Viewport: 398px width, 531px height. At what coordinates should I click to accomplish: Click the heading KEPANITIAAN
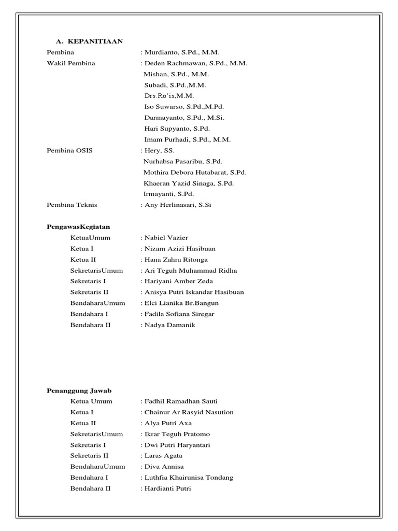point(94,41)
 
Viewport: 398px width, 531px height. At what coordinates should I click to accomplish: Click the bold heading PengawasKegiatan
point(78,227)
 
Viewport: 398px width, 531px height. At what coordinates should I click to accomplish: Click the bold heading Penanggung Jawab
point(79,390)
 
